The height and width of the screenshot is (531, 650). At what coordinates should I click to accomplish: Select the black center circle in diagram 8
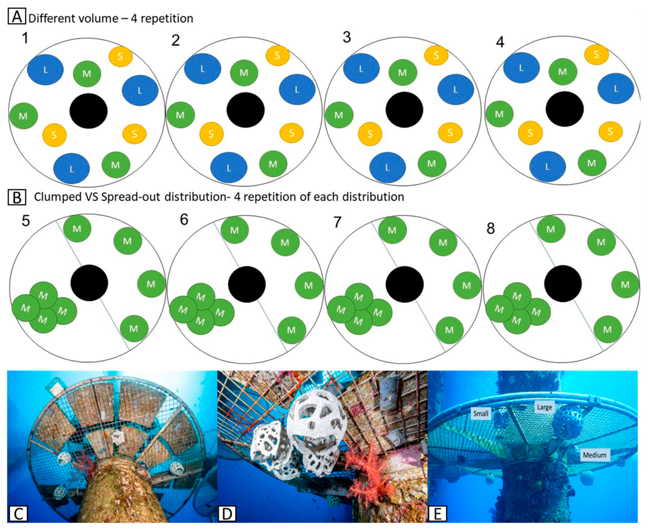pyautogui.click(x=563, y=284)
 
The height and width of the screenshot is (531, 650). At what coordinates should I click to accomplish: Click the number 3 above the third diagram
pyautogui.click(x=346, y=38)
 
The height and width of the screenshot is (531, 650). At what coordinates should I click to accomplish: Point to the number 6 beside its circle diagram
pyautogui.click(x=184, y=220)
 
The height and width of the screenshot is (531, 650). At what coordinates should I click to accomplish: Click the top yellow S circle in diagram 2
pyautogui.click(x=277, y=56)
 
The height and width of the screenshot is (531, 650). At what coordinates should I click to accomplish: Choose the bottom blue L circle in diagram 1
pyautogui.click(x=72, y=169)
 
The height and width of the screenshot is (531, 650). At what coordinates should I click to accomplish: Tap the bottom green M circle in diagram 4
pyautogui.click(x=592, y=163)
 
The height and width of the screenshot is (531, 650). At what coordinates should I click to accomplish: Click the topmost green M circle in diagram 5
pyautogui.click(x=77, y=228)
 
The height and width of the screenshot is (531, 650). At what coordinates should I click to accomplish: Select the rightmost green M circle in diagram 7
pyautogui.click(x=467, y=285)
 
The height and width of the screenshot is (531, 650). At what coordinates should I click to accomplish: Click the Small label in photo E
pyautogui.click(x=480, y=413)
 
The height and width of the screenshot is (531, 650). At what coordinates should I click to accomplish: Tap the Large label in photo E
pyautogui.click(x=544, y=407)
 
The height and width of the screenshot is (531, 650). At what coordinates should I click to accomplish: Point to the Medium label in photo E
pyautogui.click(x=594, y=455)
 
